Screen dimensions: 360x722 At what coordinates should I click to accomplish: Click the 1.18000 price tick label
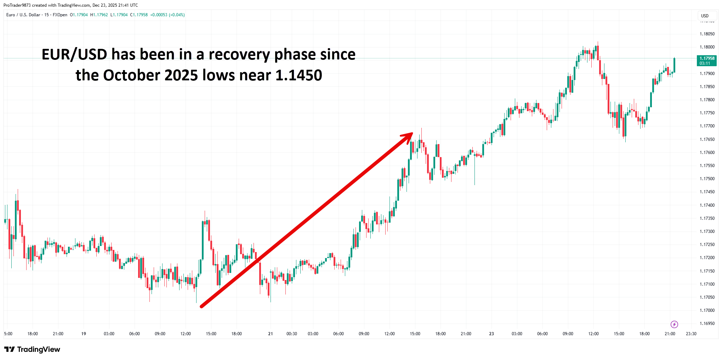(x=707, y=47)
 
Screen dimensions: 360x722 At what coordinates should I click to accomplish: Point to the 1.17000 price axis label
(x=707, y=310)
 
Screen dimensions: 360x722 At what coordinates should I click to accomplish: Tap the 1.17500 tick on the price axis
(x=707, y=179)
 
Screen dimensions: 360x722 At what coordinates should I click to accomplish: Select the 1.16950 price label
(x=707, y=324)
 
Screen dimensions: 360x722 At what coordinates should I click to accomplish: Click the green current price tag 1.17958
(x=706, y=61)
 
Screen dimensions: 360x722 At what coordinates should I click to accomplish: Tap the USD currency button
(x=705, y=16)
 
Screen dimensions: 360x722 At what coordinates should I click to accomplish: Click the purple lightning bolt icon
(x=674, y=324)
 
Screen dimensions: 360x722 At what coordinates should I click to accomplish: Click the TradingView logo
(x=32, y=349)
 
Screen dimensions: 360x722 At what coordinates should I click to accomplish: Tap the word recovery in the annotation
(x=239, y=55)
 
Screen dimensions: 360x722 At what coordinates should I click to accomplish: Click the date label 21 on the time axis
(x=271, y=334)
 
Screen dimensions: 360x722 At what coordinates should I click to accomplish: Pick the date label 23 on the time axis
(x=491, y=334)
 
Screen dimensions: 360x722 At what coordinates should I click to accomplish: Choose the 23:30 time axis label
(x=691, y=334)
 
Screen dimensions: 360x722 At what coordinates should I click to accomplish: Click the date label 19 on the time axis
(x=84, y=334)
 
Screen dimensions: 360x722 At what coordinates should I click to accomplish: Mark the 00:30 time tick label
(x=292, y=334)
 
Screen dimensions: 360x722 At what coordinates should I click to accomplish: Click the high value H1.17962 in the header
(x=99, y=15)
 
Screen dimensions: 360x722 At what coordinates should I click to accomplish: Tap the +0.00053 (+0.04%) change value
(x=167, y=15)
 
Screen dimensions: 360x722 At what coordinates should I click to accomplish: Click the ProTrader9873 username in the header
(x=17, y=5)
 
